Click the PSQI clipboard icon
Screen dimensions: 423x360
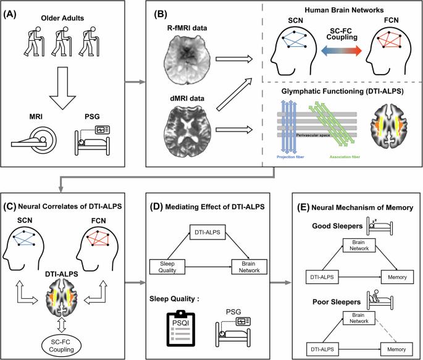[180, 329]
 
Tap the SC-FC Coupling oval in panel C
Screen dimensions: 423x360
[61, 346]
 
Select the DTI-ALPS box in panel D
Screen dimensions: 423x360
[207, 232]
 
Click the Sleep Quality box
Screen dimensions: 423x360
[167, 267]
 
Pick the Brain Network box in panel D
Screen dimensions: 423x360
[249, 267]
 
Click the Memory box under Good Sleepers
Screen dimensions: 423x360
[397, 277]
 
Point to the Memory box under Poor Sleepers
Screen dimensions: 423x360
[396, 350]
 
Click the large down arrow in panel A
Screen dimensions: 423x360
[62, 88]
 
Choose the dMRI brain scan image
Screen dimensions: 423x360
[187, 131]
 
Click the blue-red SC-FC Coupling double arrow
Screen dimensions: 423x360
[341, 51]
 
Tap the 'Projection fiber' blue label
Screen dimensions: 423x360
[290, 157]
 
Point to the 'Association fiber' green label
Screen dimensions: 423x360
[345, 157]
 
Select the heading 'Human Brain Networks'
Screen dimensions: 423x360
[344, 10]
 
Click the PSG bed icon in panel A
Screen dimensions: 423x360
[93, 140]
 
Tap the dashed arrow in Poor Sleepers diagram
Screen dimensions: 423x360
[387, 331]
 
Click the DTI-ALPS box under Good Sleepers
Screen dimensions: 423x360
[322, 277]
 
